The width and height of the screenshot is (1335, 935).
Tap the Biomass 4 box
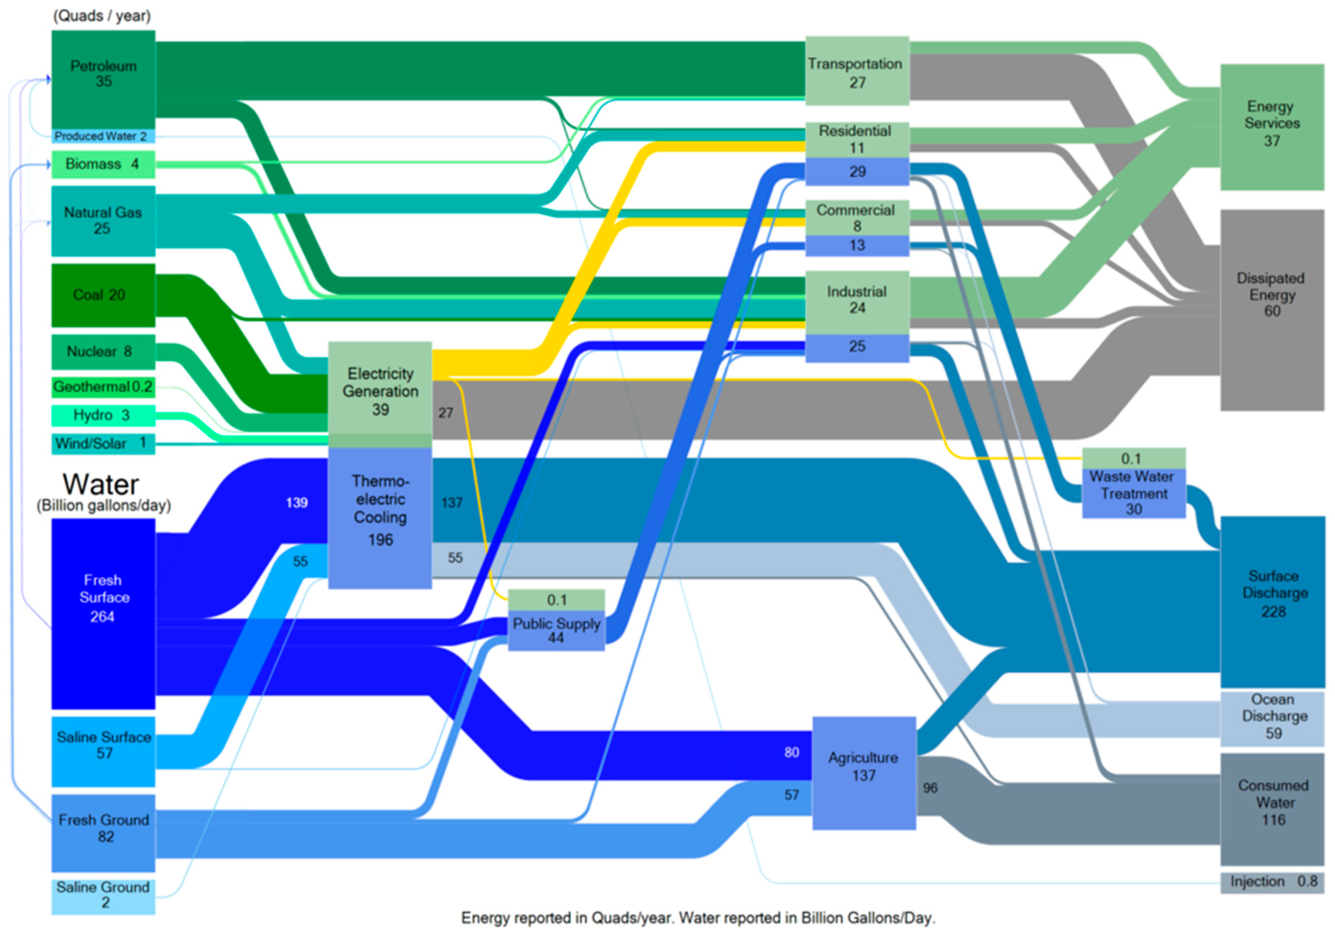[103, 164]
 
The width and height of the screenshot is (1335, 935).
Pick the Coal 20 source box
[103, 295]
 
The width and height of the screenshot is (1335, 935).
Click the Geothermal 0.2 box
[103, 387]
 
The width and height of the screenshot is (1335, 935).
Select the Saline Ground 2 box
[103, 896]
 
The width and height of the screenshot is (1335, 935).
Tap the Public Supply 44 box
[556, 630]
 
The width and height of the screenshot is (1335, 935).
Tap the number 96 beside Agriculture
[930, 788]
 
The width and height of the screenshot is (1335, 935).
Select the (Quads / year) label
[102, 16]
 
